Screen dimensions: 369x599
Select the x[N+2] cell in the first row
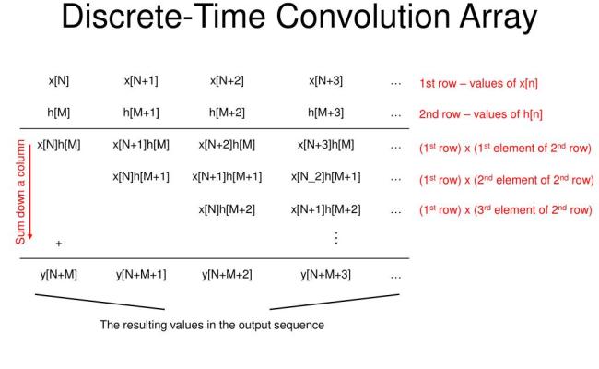coord(228,82)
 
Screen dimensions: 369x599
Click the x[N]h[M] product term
coord(59,145)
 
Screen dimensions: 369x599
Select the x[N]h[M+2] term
coord(228,208)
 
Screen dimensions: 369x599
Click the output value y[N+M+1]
coord(141,276)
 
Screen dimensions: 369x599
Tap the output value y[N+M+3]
coord(325,276)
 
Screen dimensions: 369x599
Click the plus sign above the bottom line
coord(58,244)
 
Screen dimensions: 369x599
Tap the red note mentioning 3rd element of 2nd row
coord(504,208)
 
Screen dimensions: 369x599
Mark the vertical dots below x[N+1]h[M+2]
coord(335,238)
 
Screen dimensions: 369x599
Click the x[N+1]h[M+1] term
coord(228,176)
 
